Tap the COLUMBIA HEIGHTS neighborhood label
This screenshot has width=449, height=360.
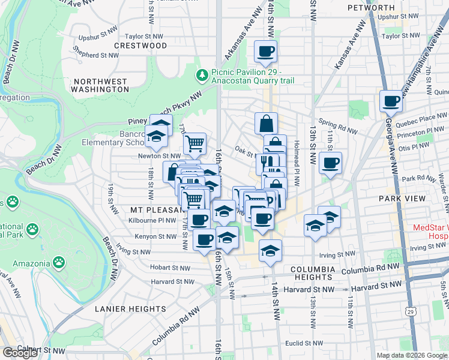click(312, 274)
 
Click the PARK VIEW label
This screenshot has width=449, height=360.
click(399, 198)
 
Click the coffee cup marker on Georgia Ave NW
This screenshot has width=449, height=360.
click(391, 103)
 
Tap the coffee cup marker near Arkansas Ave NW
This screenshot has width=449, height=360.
click(265, 52)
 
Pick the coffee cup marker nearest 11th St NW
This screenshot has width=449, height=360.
click(331, 163)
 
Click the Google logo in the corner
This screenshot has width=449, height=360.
click(20, 353)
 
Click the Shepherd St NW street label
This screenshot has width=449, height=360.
click(95, 55)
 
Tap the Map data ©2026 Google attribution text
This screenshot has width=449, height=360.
click(412, 355)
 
